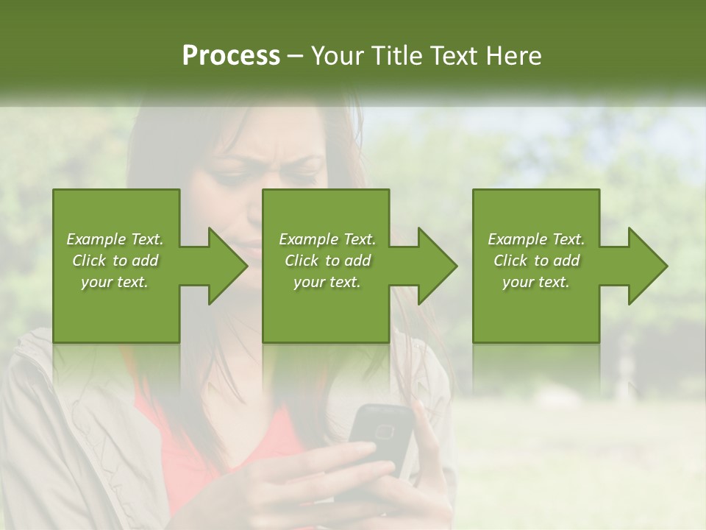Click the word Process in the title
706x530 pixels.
tap(231, 56)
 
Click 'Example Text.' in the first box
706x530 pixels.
tap(115, 239)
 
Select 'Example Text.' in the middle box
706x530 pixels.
tap(327, 239)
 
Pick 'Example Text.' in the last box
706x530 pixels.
tap(536, 239)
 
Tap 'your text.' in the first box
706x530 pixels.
tap(115, 282)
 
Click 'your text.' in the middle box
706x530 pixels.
tap(327, 282)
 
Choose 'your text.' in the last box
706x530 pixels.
tap(536, 282)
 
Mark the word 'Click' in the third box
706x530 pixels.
tap(510, 261)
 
